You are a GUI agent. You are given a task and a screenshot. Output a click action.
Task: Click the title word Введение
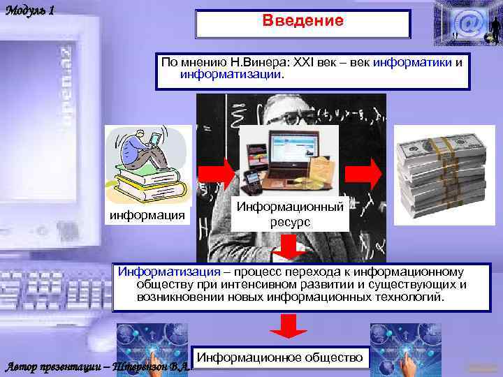303,21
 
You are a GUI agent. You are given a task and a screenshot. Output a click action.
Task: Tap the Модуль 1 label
29,12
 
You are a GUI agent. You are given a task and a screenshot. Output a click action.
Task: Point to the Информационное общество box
280,357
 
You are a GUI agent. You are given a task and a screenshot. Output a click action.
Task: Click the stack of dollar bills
441,175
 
